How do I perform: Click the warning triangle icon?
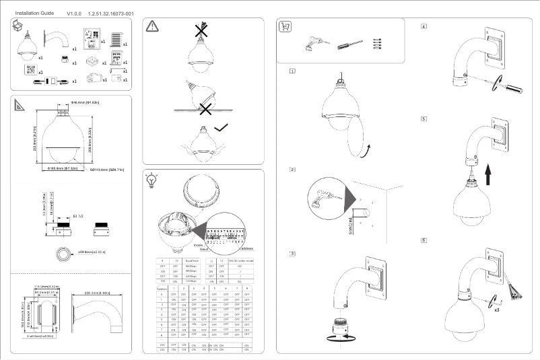tap(153, 26)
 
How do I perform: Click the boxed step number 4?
tap(424, 27)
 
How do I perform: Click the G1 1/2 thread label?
tap(78, 217)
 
